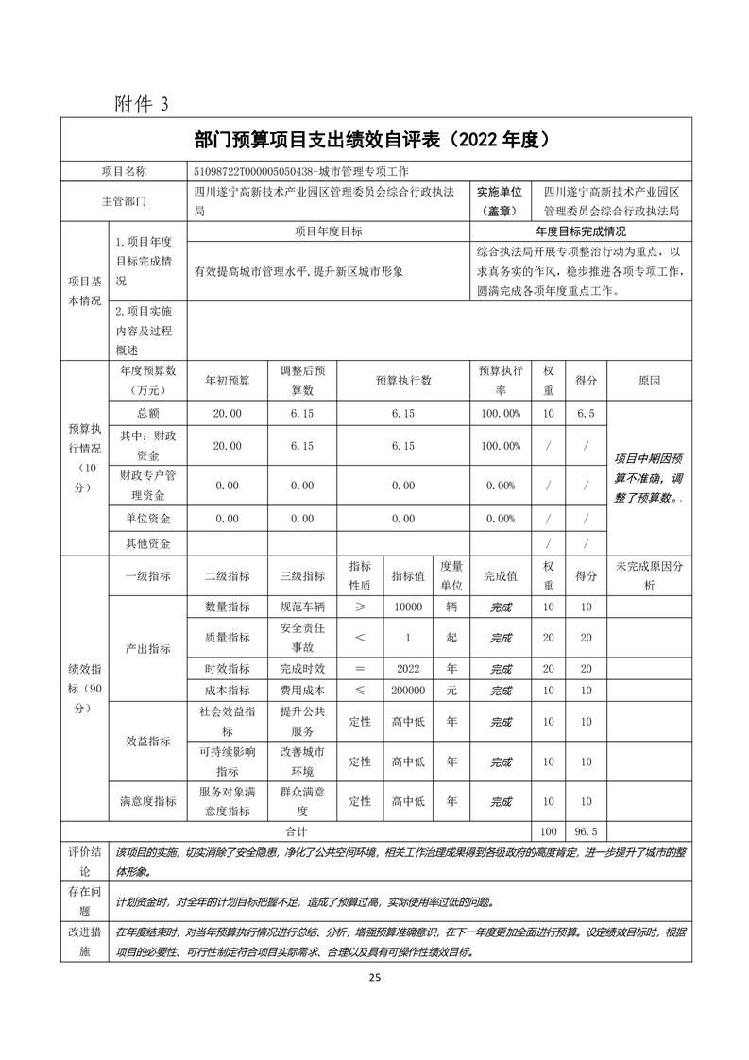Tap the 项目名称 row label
124,171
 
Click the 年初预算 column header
228,381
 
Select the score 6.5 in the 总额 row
586,414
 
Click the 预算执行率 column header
500,381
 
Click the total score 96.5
586,831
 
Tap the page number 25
375,977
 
